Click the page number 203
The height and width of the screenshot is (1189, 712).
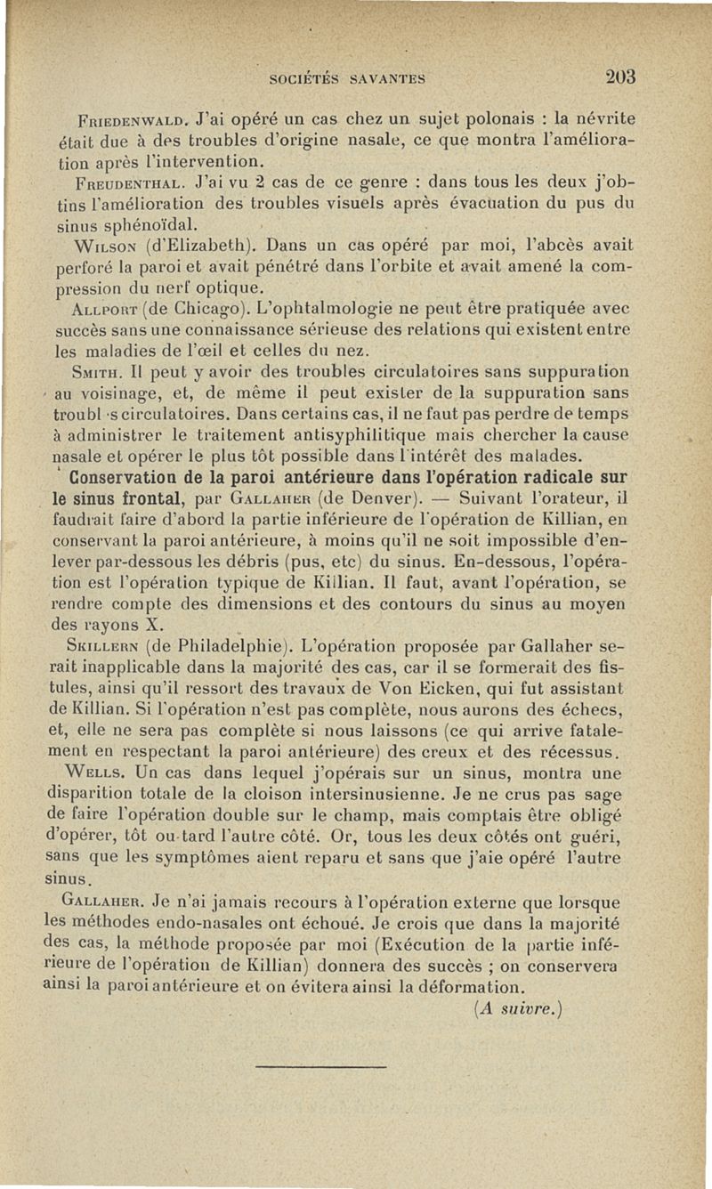tap(616, 77)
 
